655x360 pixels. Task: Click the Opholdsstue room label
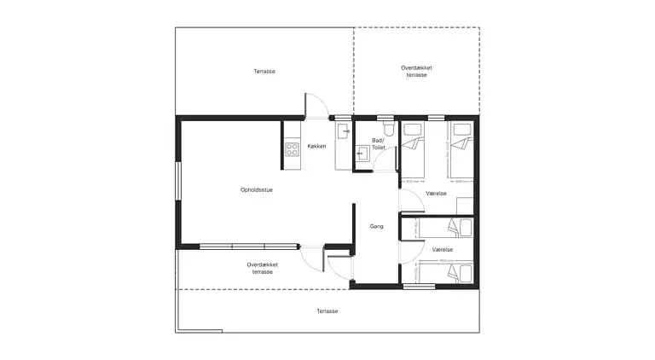(256, 189)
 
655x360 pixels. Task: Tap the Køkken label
(317, 146)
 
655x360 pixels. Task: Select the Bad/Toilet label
(379, 143)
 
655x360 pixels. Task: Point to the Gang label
(376, 226)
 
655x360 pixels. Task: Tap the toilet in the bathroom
(388, 129)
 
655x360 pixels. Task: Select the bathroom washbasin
(362, 153)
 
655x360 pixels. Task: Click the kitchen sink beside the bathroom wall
(342, 131)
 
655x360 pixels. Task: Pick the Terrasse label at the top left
(264, 72)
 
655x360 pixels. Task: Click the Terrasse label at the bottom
(327, 311)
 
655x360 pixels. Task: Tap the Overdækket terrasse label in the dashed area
(417, 71)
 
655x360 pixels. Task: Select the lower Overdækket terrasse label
(263, 268)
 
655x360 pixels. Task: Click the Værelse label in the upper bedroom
(437, 194)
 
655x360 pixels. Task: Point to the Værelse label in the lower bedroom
(442, 249)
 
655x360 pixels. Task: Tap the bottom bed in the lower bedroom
(446, 273)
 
